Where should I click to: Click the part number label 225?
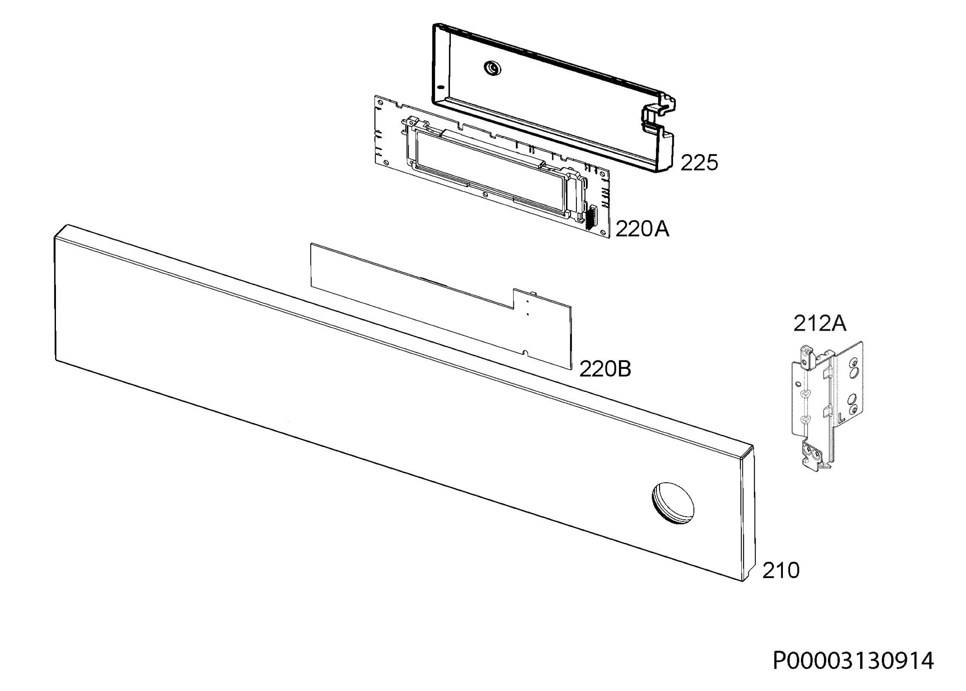pyautogui.click(x=700, y=163)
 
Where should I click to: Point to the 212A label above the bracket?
pyautogui.click(x=820, y=324)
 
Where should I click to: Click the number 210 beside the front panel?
pyautogui.click(x=780, y=571)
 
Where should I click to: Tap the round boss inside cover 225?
pyautogui.click(x=492, y=68)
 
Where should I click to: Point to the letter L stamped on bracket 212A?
pyautogui.click(x=841, y=416)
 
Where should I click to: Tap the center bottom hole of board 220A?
pyautogui.click(x=485, y=194)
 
